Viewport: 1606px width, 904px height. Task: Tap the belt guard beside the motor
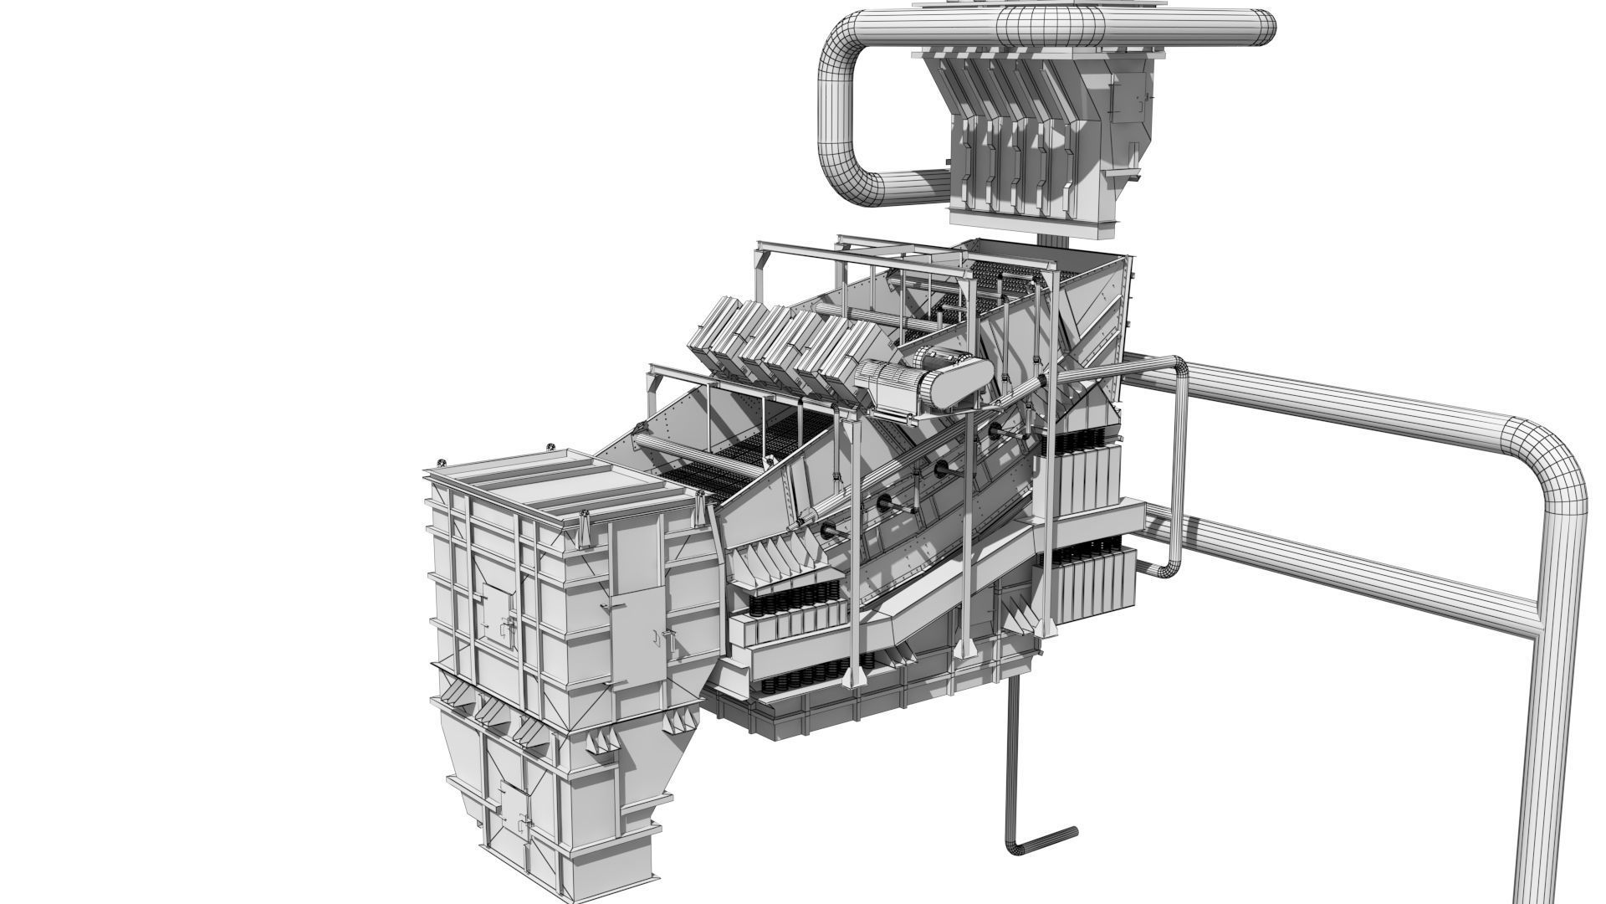tap(962, 381)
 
